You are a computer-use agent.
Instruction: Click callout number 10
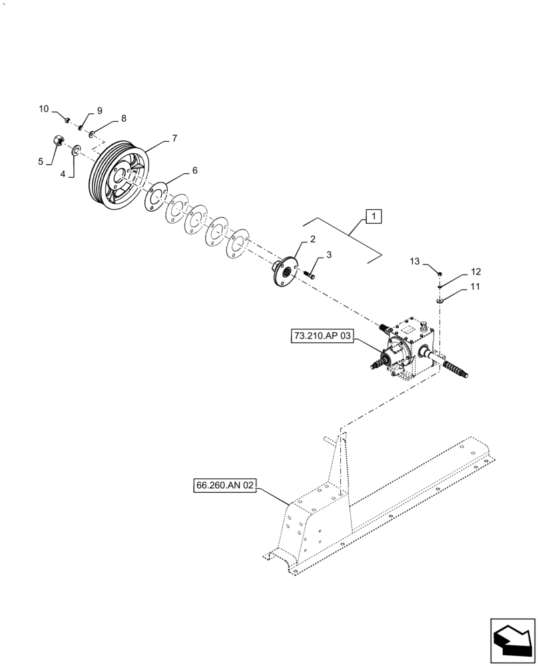pos(43,109)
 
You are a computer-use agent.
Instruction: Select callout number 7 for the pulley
pos(174,139)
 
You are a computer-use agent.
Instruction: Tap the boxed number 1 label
pos(374,216)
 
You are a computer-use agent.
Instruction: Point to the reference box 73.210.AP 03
pos(321,337)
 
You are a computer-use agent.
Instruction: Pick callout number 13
pos(415,262)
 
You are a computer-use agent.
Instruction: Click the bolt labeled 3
pos(311,274)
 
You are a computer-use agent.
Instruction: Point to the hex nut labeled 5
pos(58,141)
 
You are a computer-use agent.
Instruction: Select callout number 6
pos(194,170)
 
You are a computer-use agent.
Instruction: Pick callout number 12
pos(475,272)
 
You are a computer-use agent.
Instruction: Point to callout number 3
pos(328,255)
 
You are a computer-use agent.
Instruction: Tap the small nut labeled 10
pos(67,121)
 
